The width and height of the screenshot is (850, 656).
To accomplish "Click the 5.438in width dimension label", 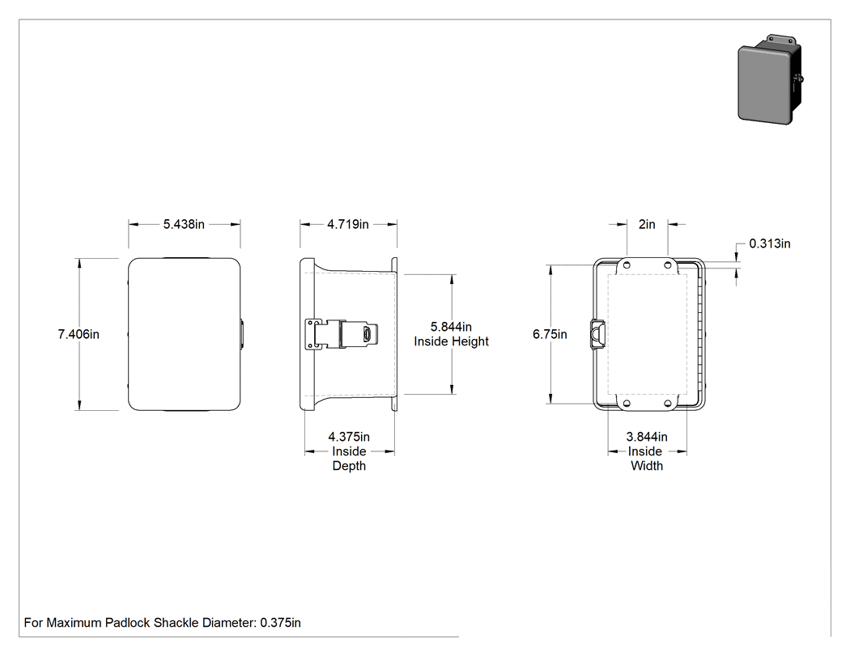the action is pos(184,224).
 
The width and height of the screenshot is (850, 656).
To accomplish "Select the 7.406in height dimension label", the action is pos(79,334).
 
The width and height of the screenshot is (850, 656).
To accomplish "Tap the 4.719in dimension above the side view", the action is pos(348,224).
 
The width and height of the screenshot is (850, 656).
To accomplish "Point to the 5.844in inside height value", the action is pos(451,327).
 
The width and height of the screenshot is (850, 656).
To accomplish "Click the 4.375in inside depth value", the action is pos(349,437).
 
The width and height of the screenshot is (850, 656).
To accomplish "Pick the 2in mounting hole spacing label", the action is pos(647,224).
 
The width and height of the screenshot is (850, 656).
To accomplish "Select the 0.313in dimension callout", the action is pos(770,243).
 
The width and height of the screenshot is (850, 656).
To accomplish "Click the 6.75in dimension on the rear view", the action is pos(550,334).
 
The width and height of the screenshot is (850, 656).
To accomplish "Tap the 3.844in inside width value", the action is pos(647,437).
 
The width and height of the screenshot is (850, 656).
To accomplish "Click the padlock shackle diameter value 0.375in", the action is pos(280,623).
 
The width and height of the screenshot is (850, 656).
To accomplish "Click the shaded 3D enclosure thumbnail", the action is pos(771,79).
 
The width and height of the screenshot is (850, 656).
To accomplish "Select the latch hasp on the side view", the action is pos(342,334).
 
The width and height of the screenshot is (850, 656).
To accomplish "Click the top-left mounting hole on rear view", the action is pos(627,265).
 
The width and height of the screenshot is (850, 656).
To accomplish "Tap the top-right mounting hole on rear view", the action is pos(668,265).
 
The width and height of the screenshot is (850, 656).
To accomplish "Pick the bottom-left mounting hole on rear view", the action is pos(627,404).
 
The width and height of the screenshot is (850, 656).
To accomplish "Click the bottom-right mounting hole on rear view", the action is pos(668,404).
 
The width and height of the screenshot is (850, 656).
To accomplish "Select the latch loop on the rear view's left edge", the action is pos(597,335).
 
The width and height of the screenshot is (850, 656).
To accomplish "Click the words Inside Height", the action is pos(451,341).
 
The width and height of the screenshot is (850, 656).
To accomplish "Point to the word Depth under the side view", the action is pos(349,466).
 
